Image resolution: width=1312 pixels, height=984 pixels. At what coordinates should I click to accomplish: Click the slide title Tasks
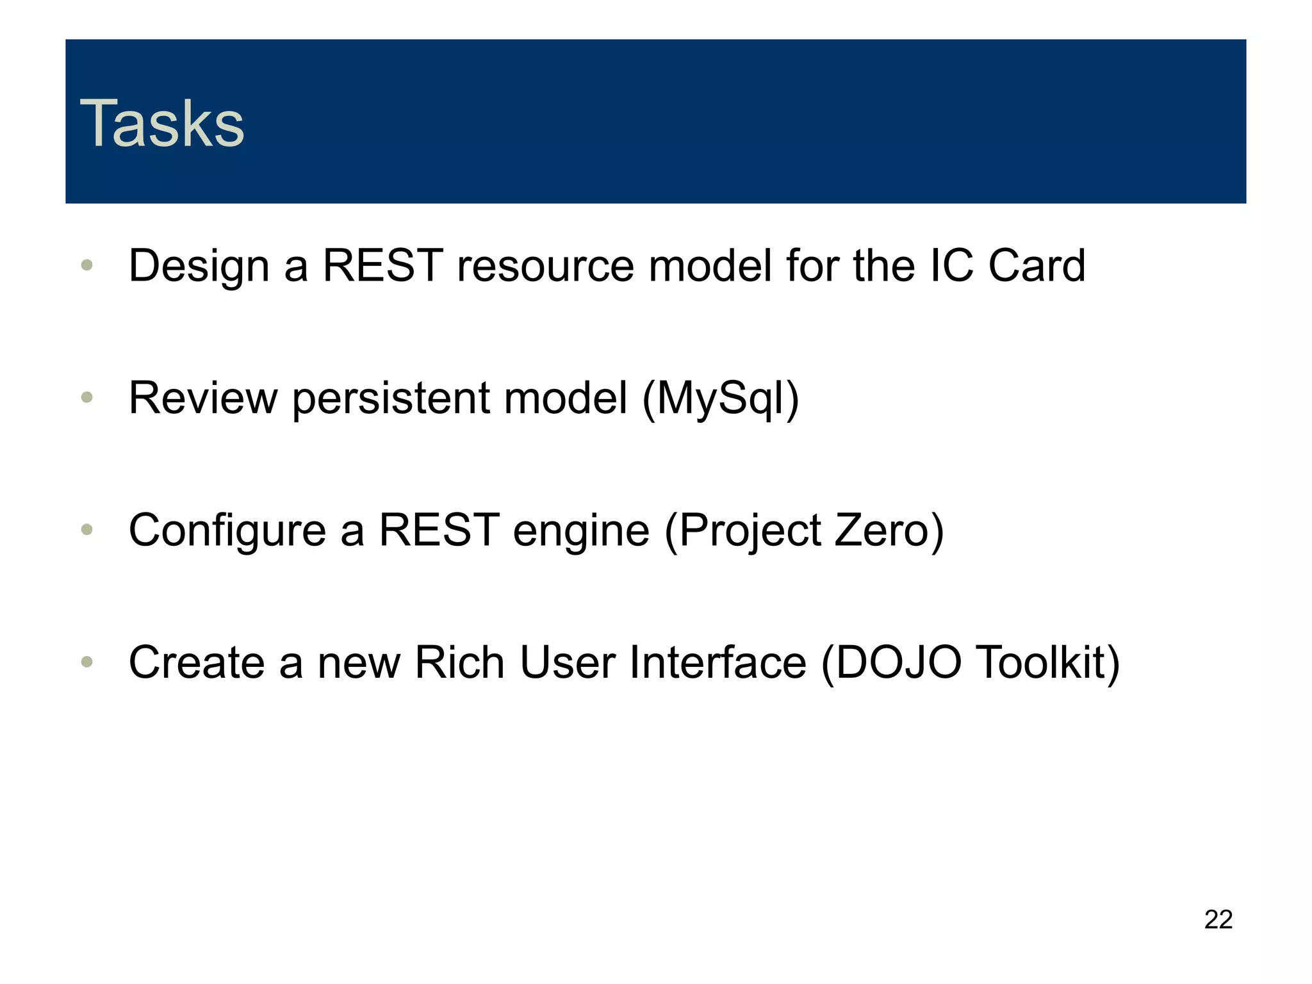tap(161, 124)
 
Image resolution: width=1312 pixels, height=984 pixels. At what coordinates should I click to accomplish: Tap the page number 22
tap(1218, 919)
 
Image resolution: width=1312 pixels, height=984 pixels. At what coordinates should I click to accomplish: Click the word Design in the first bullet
tap(199, 266)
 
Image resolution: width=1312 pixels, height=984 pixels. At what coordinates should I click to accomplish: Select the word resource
tap(545, 266)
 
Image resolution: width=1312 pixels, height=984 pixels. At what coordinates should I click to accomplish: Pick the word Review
tap(203, 398)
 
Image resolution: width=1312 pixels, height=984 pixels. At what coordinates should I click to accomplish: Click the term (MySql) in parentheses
tap(720, 398)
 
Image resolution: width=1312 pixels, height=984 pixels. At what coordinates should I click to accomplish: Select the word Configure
tap(227, 531)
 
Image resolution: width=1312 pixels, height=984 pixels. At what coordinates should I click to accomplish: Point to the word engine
tap(581, 531)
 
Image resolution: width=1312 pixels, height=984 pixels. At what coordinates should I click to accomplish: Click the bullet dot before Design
tap(88, 265)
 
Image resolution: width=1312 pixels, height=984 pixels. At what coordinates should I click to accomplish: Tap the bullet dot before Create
tap(88, 662)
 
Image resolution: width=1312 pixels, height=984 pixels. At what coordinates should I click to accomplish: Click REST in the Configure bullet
tap(439, 530)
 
